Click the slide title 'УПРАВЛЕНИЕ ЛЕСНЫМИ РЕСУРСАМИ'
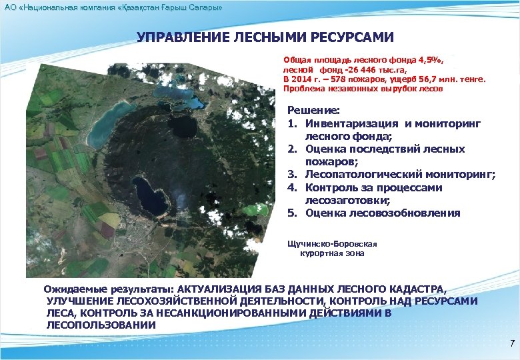(x=265, y=37)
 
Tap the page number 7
(x=511, y=344)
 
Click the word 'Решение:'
(x=313, y=111)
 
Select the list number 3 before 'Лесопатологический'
(x=291, y=175)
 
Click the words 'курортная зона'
(x=331, y=253)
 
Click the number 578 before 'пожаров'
(x=331, y=79)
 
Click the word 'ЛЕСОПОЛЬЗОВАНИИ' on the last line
(x=101, y=325)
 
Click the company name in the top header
(x=113, y=6)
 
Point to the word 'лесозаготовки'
(x=342, y=200)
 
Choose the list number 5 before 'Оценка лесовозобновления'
(x=291, y=213)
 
